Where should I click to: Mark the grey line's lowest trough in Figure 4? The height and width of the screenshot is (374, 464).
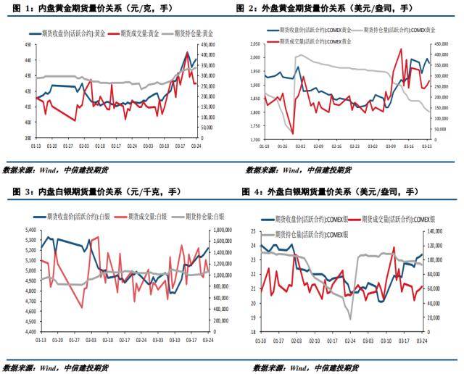tap(351, 319)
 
